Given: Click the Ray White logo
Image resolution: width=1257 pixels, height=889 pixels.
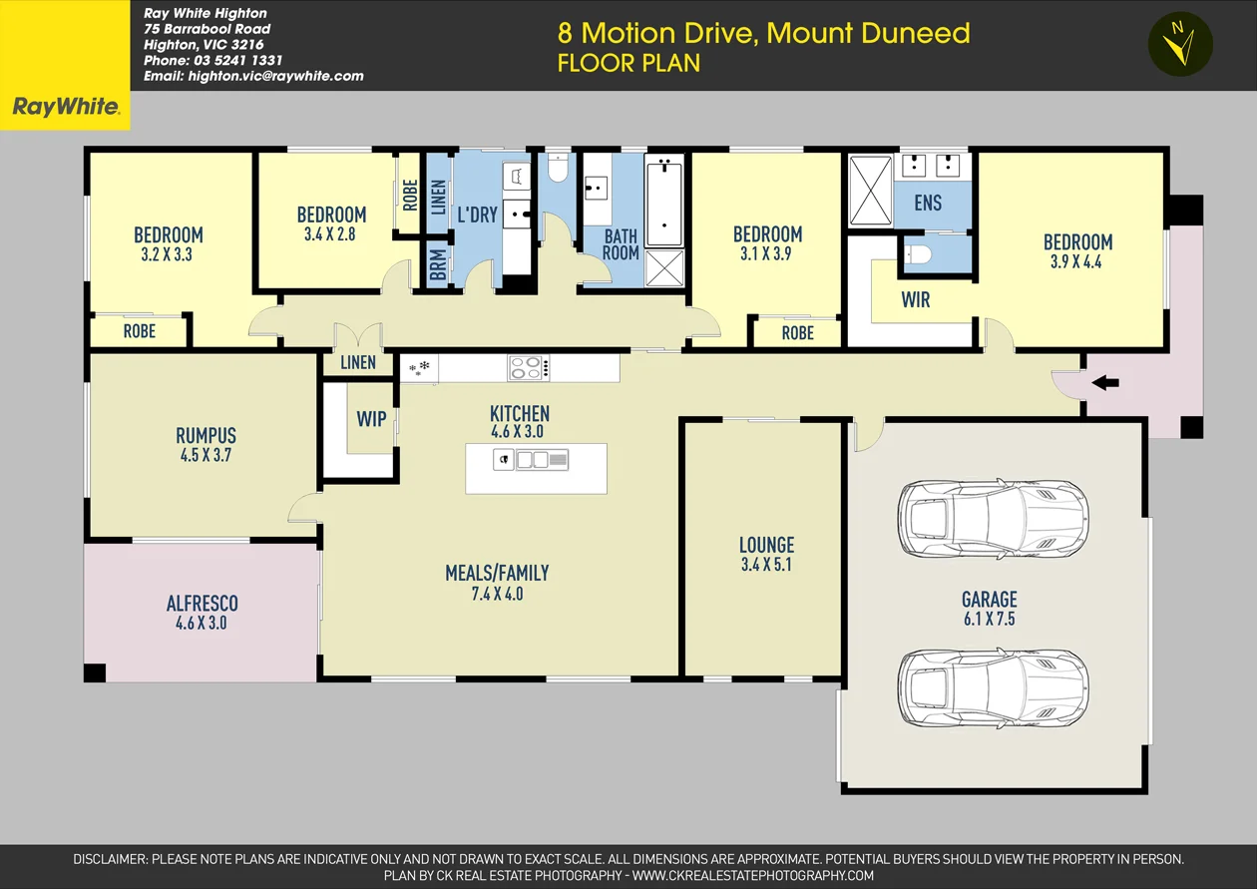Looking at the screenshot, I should tap(65, 107).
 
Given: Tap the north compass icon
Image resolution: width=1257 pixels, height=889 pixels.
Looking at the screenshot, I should tap(1180, 44).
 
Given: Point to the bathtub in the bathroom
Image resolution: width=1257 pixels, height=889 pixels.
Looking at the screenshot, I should tap(663, 204).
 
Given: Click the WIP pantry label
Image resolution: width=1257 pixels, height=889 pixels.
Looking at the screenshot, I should tap(371, 419).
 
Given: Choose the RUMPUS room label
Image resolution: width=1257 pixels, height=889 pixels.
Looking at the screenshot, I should tap(206, 436).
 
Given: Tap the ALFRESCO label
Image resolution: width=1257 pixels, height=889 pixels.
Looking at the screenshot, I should tap(202, 604).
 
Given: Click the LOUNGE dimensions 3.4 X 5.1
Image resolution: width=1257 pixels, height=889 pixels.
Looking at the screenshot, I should tap(766, 565).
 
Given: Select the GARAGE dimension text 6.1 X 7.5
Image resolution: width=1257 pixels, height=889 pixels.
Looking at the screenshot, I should tap(989, 619).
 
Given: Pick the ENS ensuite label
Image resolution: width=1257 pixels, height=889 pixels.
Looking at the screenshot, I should tap(928, 203).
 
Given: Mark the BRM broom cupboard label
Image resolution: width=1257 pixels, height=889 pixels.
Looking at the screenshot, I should tap(437, 266).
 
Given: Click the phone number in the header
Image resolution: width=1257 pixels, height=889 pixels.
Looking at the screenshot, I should tap(212, 60).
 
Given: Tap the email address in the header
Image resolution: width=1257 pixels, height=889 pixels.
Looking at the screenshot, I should tap(253, 76).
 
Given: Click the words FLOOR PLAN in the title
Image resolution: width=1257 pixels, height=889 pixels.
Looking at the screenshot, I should tap(628, 63).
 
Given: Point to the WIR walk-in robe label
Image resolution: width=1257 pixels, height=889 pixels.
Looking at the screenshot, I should tap(915, 299).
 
